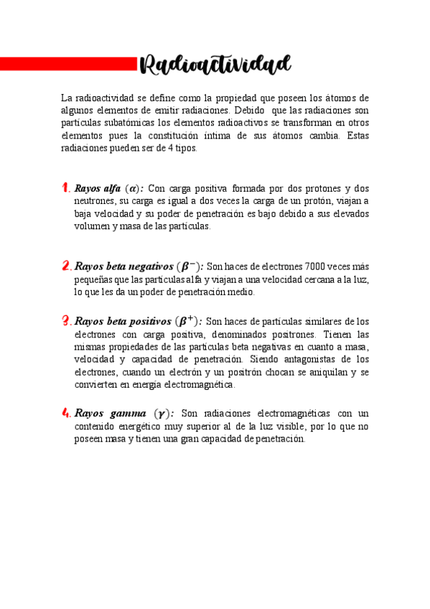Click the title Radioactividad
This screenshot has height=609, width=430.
pos(215,65)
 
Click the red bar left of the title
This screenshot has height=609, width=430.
pos(68,65)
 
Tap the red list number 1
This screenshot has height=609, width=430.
pos(65,188)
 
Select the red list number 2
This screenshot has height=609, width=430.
pos(66,266)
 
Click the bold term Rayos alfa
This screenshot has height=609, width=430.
pos(98,189)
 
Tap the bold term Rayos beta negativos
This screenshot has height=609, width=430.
pos(123,267)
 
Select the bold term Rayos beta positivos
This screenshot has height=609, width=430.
pos(123,322)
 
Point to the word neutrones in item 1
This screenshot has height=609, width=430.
pos(95,201)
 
